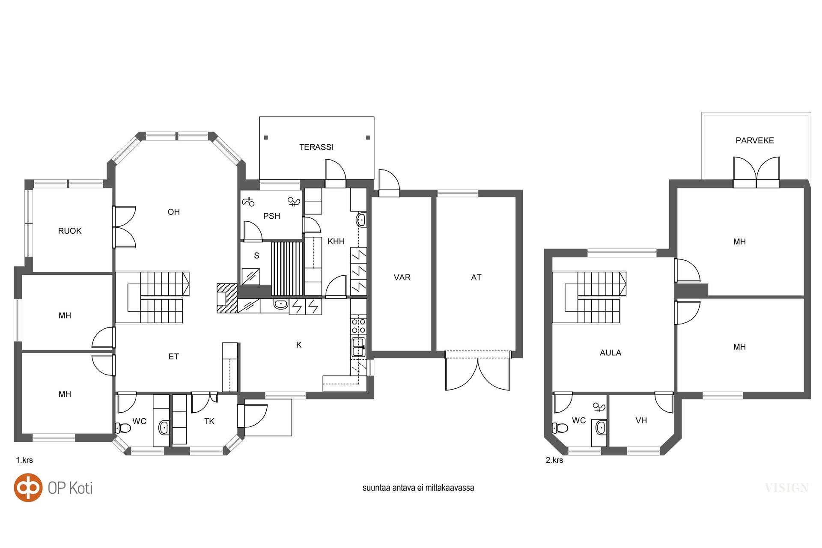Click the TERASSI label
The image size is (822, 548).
pos(316,147)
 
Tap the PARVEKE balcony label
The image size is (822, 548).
pos(754,140)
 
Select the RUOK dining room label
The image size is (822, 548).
pos(70,231)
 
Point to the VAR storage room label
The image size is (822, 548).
pos(402,277)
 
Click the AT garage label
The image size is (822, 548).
pos(476,277)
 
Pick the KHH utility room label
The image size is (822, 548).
pos(336,241)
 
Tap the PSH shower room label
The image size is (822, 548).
pos(271,216)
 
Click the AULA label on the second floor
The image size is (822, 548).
pos(611,353)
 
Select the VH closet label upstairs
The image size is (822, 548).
pos(641,420)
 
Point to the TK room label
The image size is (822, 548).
pos(209,421)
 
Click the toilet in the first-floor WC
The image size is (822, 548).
pos(123,427)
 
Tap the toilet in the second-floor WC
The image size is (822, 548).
pos(560,428)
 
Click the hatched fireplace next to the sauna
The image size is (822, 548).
pos(227,298)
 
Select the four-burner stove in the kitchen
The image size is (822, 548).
pos(358,326)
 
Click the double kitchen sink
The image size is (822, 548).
pos(358,347)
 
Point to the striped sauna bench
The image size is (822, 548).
pos(287,269)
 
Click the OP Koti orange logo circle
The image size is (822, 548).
pos(28,487)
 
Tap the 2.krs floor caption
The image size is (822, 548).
pos(554,460)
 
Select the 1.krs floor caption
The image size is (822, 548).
pos(24,460)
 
